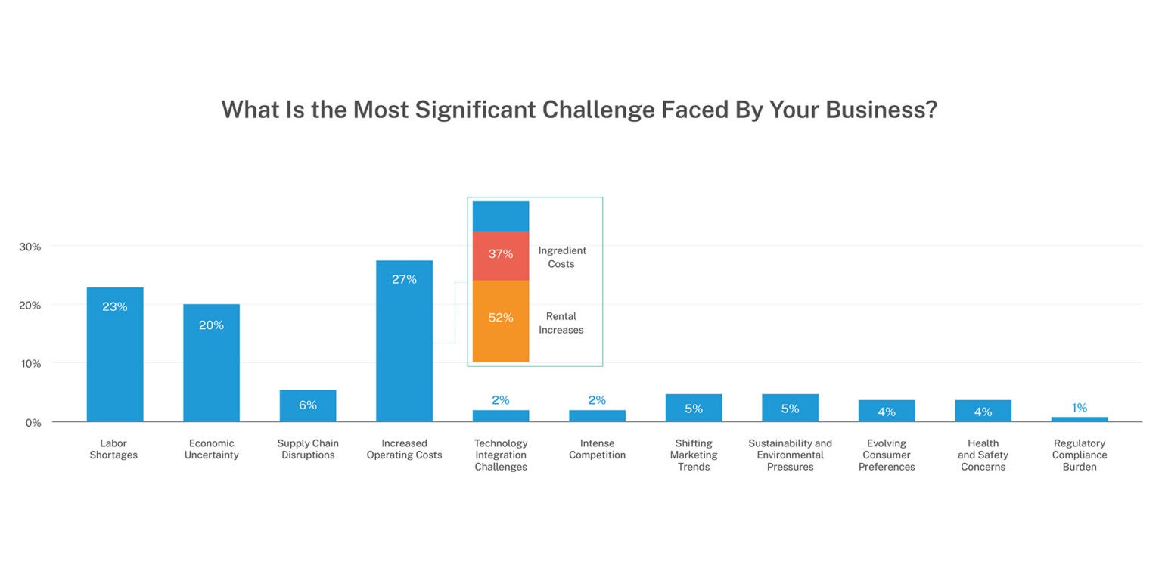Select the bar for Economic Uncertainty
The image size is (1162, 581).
[211, 362]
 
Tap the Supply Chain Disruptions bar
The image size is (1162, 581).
[308, 405]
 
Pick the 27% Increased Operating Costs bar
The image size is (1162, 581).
[404, 340]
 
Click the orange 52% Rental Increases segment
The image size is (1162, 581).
[501, 321]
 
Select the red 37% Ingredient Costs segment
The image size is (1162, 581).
[501, 256]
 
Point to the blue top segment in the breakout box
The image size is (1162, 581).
[501, 216]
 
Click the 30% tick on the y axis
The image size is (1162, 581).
[30, 247]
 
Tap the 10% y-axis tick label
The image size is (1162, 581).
[30, 363]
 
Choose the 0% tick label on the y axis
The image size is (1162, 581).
[33, 422]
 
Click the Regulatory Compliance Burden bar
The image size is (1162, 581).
[1080, 419]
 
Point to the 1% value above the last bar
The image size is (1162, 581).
[1080, 408]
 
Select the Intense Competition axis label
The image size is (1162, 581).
[597, 449]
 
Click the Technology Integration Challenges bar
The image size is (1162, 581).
[501, 415]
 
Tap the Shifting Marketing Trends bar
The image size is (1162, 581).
[694, 408]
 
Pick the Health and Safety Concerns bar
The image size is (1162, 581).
[983, 411]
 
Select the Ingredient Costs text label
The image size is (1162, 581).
[561, 257]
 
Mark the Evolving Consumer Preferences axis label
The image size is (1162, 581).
[887, 455]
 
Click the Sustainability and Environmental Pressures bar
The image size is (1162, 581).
[790, 408]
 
